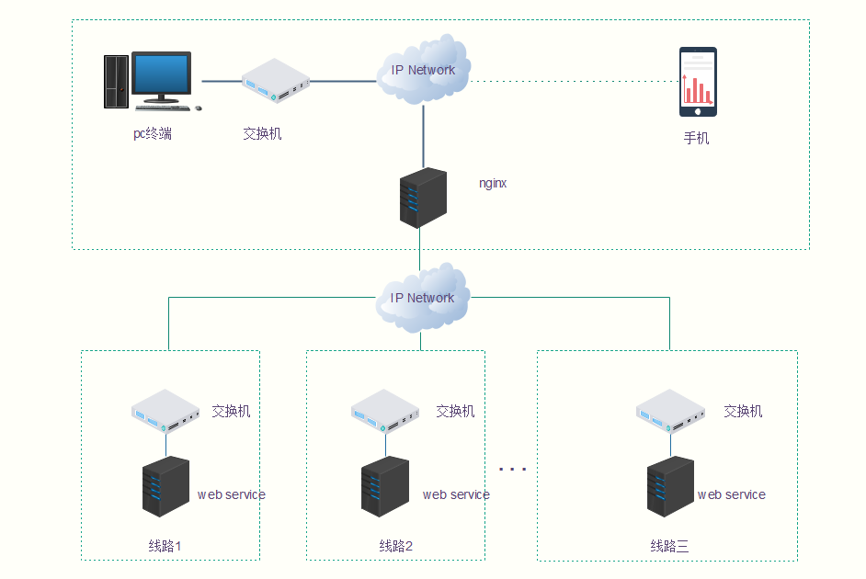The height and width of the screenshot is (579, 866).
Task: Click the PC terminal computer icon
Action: coord(151,81)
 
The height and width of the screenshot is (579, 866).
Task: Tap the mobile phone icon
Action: coord(698,82)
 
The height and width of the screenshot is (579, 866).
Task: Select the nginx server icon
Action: coord(423,198)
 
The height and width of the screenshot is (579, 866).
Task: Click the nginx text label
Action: coord(493,183)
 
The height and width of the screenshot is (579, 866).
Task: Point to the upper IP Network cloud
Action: coord(423,69)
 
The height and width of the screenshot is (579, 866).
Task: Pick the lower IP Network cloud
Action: coord(422,297)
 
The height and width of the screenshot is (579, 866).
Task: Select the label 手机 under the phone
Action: coord(697,139)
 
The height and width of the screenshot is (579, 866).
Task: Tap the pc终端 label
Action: coord(153,134)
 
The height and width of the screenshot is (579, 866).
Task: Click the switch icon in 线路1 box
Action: coord(165,411)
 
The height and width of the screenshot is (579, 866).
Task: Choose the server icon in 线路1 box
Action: coord(165,486)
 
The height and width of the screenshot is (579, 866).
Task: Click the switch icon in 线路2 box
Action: coord(386,411)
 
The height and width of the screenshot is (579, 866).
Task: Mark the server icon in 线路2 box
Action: coord(385,486)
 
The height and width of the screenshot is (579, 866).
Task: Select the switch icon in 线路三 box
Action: coord(671,411)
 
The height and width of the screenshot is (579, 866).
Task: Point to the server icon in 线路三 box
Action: coord(670,486)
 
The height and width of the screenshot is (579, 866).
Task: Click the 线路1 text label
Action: coord(165,546)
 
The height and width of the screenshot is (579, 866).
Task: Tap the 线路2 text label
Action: coord(396,546)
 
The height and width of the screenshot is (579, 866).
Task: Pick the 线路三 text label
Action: coord(669,546)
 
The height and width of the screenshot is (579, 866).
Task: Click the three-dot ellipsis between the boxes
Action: coord(513,469)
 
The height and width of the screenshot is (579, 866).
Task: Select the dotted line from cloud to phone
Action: coord(575,81)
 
